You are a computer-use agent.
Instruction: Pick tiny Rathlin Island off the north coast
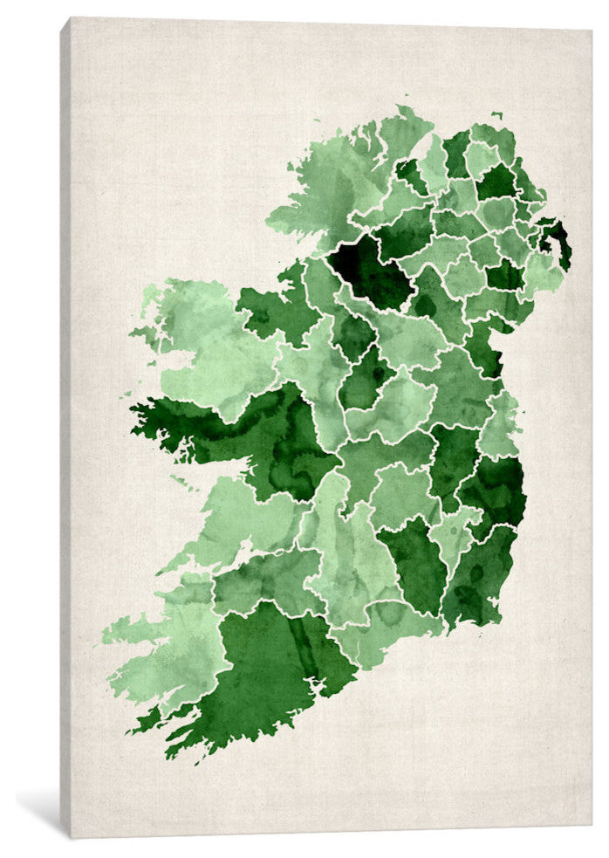point(496,114)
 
